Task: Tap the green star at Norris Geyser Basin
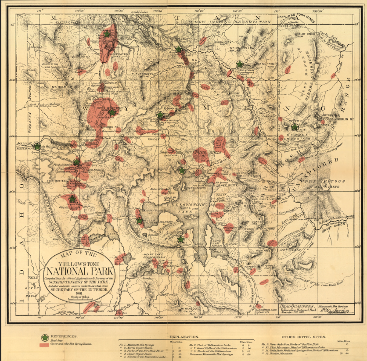(x=112, y=113)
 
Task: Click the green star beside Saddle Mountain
(x=295, y=127)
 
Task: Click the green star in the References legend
(x=44, y=337)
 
